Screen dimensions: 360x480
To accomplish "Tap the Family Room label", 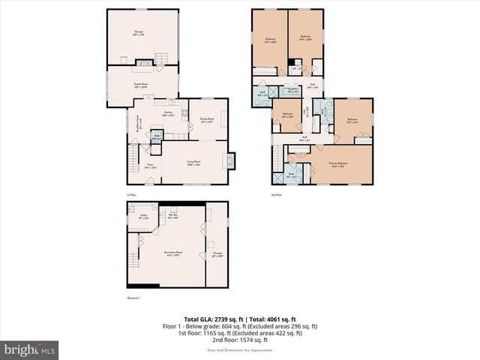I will click(140, 86).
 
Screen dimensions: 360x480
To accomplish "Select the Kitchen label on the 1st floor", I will click(169, 114).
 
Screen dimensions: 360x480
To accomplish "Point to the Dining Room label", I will click(208, 119).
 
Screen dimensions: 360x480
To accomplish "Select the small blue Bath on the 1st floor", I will click(157, 137).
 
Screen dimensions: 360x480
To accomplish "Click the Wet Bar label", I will click(172, 216).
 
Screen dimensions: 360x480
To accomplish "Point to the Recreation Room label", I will click(174, 254).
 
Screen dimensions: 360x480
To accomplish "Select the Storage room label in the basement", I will click(218, 254).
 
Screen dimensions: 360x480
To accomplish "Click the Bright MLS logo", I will click(30, 349).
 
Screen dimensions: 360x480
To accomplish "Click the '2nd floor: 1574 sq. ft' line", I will click(240, 341).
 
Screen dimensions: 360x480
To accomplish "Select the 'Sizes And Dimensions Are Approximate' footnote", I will click(240, 349).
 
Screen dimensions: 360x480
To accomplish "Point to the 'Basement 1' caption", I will click(134, 298).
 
